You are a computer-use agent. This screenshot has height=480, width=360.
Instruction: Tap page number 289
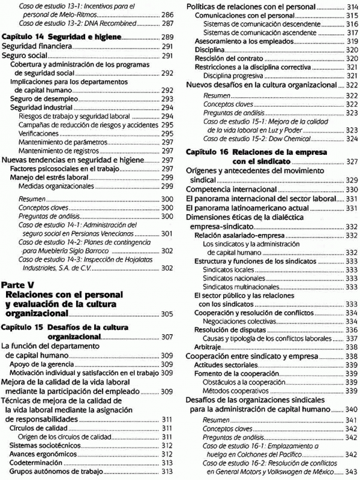tap(167, 37)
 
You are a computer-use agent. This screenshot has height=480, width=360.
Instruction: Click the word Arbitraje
tap(203, 347)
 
